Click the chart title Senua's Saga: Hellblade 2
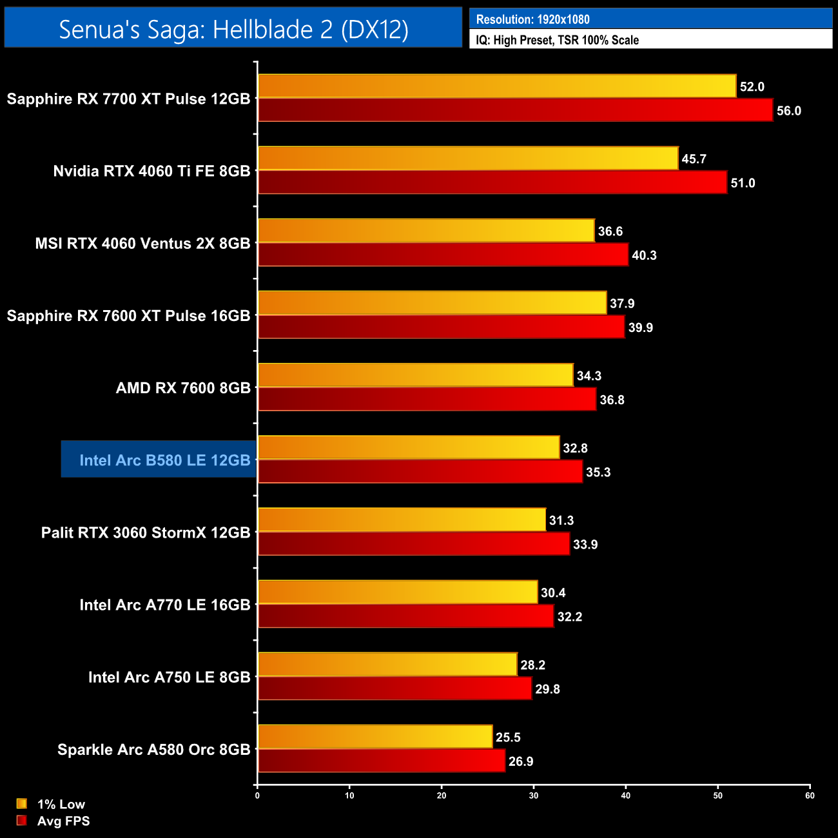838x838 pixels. [x=233, y=29]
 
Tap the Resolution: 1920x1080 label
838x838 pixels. [x=532, y=19]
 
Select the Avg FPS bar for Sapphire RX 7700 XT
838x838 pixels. [x=515, y=110]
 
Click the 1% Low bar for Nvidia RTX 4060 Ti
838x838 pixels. [x=468, y=159]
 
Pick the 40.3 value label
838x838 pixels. [x=644, y=255]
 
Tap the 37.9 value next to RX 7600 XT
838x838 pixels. [x=622, y=304]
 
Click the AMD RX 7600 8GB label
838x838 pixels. [x=183, y=388]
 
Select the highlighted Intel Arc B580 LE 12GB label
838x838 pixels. [x=164, y=460]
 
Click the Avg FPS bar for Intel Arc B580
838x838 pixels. [x=420, y=472]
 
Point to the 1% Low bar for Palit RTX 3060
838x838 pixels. [x=402, y=520]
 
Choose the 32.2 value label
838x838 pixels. [x=570, y=617]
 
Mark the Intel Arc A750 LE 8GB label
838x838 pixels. [x=169, y=677]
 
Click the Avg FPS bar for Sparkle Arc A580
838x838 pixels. [x=382, y=761]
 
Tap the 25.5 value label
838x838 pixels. [x=508, y=737]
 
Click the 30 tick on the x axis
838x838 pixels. [x=534, y=795]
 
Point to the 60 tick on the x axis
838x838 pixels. [x=810, y=795]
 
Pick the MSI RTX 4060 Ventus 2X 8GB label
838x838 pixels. [x=142, y=244]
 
